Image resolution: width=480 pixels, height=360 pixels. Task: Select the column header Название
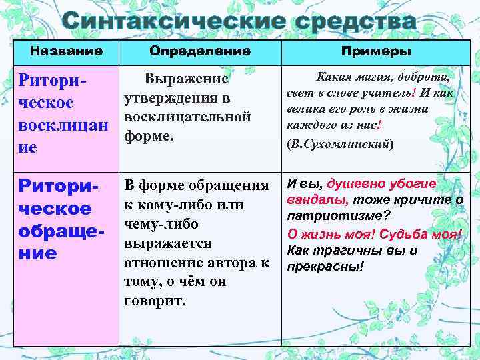(x=66, y=51)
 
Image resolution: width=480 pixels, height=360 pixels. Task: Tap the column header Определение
(x=200, y=51)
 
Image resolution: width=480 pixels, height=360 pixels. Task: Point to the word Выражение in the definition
(x=187, y=79)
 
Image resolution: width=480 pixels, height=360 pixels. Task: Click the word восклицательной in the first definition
(x=187, y=117)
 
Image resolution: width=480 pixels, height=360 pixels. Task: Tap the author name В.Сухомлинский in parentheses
(x=339, y=143)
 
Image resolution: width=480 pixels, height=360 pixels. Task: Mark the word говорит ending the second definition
(x=155, y=301)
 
